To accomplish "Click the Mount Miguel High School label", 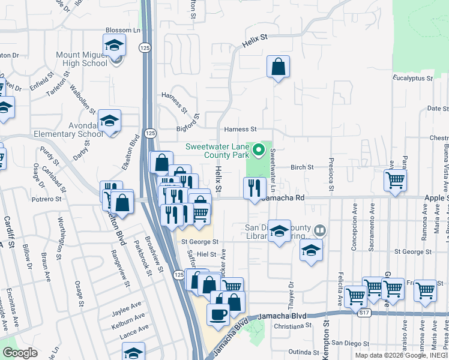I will (x=81, y=59).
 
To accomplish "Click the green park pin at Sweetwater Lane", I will (x=259, y=149).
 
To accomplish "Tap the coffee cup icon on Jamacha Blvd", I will (x=218, y=313).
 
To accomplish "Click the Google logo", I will (x=20, y=353).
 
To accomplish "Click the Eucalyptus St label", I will (x=412, y=79).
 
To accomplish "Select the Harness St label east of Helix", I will (x=240, y=129).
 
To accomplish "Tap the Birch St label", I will (x=303, y=167).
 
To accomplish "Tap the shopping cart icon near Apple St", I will (x=396, y=180).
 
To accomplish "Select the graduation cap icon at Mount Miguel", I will (x=114, y=45).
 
